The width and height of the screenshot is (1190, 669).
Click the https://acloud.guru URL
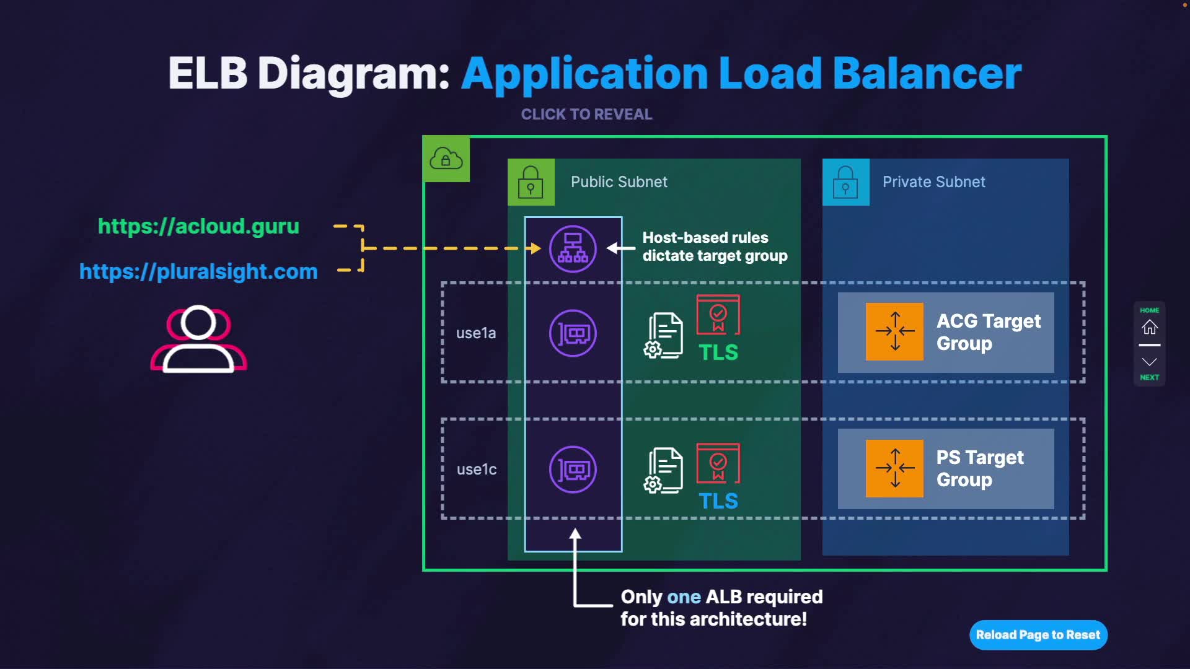198,226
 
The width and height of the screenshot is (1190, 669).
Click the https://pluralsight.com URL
198,271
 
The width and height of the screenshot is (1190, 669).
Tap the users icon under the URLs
198,339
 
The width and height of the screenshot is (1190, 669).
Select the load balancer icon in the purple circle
573,249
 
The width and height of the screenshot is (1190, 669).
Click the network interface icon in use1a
573,333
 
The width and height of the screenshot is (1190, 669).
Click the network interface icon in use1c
573,470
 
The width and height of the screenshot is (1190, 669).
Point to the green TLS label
718,352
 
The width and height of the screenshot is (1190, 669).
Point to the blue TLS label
718,501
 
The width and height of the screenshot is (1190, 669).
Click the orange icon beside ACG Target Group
894,331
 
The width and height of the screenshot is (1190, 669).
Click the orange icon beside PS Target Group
894,468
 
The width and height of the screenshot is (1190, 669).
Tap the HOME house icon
1150,326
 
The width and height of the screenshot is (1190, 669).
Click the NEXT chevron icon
1150,362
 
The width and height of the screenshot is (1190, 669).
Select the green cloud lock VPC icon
446,159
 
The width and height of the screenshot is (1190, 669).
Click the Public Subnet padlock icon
531,182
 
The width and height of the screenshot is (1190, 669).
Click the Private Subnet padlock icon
845,182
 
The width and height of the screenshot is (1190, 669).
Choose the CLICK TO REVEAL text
586,115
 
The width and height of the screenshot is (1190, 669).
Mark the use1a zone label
476,333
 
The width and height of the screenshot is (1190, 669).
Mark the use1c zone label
476,470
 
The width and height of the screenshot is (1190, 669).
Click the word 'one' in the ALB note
684,597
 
